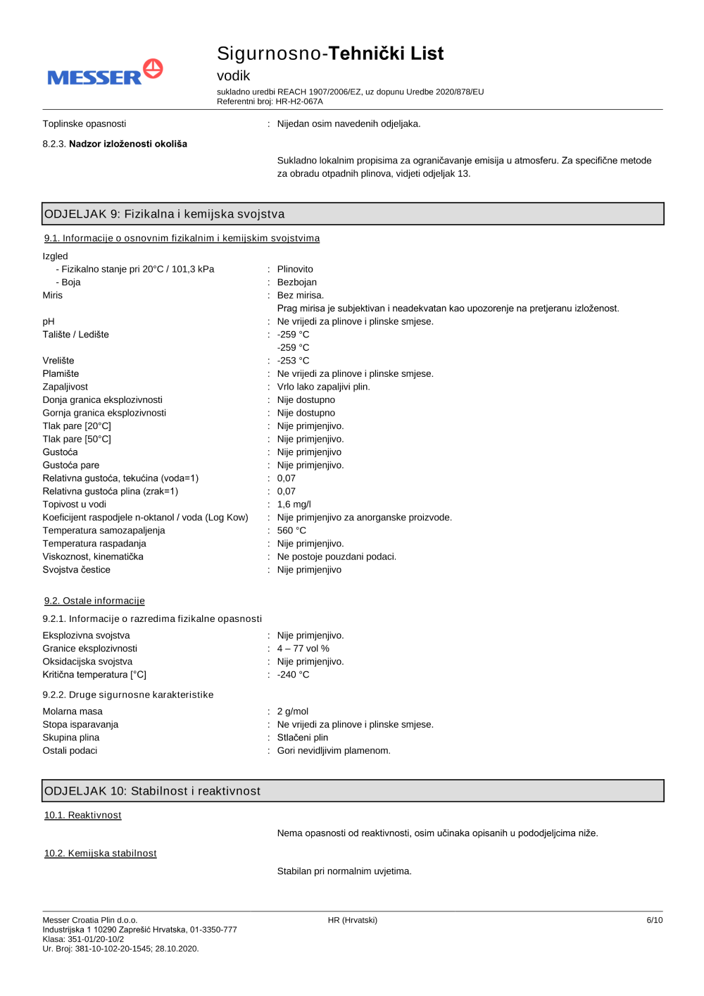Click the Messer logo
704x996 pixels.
[105, 73]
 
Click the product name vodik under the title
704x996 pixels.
[233, 75]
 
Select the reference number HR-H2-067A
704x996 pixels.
[299, 101]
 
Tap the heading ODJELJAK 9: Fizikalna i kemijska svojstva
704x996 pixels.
[165, 214]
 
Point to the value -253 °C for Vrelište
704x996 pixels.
[293, 361]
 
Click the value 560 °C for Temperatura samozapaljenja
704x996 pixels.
[291, 530]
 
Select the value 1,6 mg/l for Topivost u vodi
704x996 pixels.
[294, 504]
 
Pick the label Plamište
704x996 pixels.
[61, 374]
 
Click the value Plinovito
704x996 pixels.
[295, 269]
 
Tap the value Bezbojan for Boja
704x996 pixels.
[296, 282]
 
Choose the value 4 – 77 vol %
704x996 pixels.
[303, 649]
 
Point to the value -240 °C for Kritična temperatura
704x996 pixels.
[293, 675]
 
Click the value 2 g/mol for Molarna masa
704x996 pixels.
[292, 711]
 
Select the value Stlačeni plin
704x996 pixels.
[302, 737]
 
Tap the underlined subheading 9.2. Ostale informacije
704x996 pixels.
[94, 601]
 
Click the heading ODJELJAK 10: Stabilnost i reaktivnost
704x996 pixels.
[153, 791]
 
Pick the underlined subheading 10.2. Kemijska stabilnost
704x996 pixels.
[101, 853]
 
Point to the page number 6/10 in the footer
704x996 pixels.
[654, 920]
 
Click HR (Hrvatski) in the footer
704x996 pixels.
[352, 920]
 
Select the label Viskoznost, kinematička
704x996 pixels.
[93, 556]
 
